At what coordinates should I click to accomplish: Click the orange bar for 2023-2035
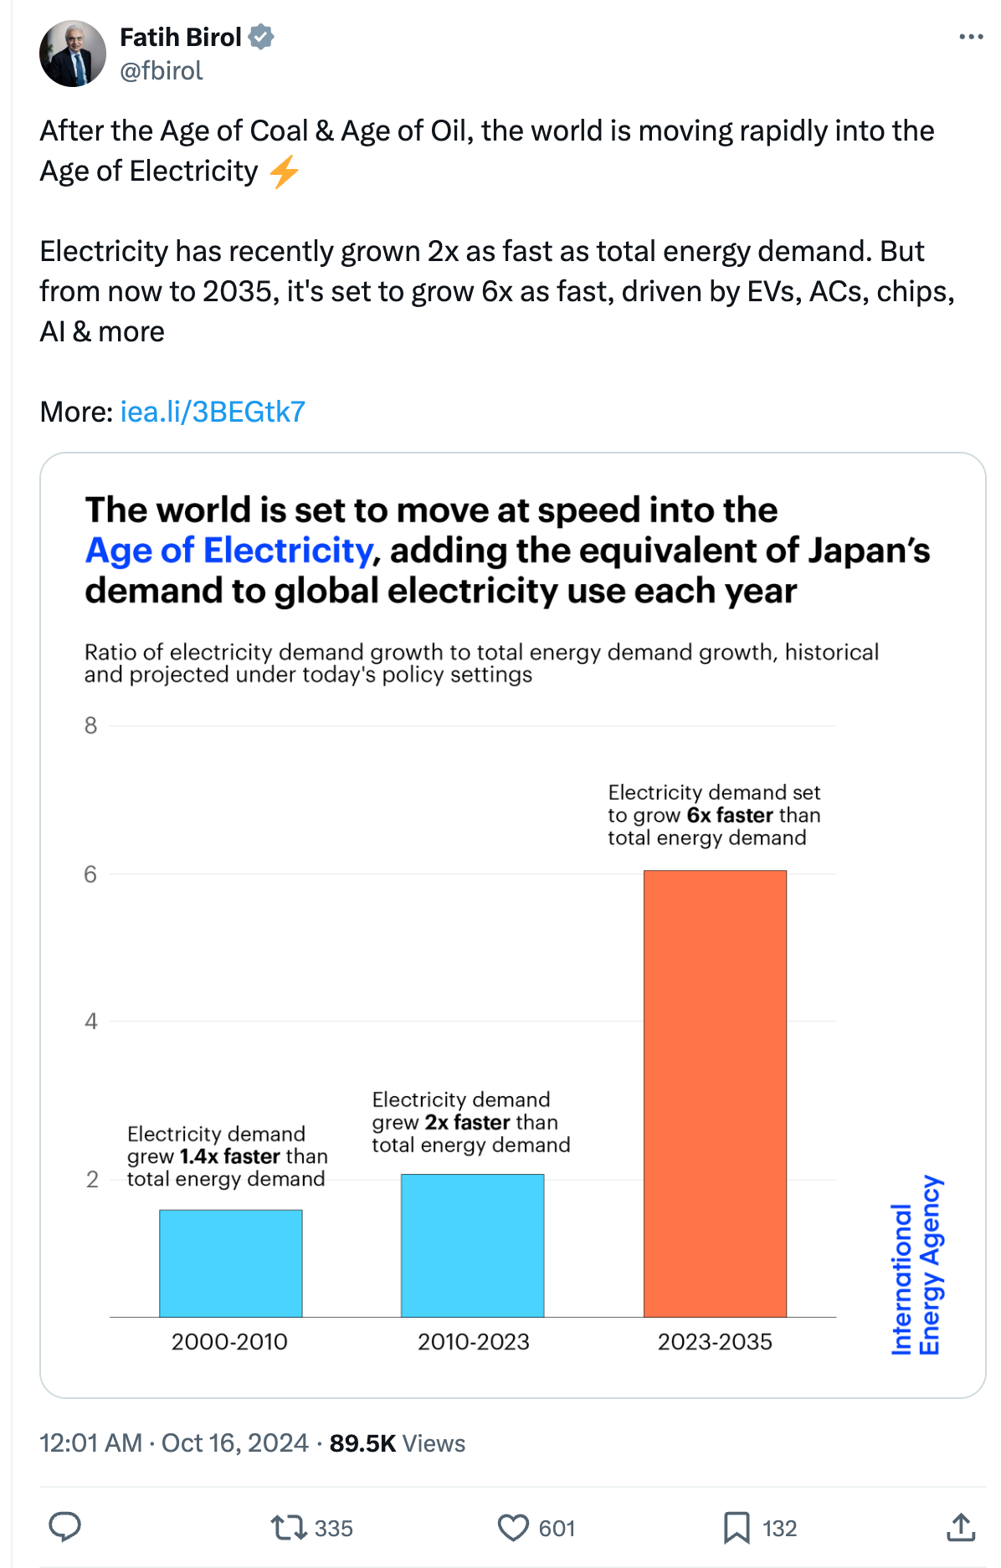click(x=715, y=1093)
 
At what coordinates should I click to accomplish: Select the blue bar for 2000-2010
click(x=230, y=1263)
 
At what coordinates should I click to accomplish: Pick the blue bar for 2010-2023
click(x=472, y=1245)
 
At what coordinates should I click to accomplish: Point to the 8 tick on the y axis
click(x=90, y=725)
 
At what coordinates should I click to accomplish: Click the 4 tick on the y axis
click(x=90, y=1021)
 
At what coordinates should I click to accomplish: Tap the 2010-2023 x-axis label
click(x=473, y=1341)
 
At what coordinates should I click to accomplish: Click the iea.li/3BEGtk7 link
click(x=213, y=412)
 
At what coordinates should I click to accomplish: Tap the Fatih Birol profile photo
click(x=73, y=54)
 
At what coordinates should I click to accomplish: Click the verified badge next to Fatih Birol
click(x=261, y=37)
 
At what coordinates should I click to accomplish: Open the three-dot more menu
click(x=970, y=37)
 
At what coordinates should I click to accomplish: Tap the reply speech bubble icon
click(x=64, y=1527)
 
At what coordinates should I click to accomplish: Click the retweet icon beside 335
click(x=288, y=1528)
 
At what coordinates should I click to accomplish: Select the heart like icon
click(x=513, y=1528)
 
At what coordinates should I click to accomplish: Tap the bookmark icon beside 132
click(x=737, y=1528)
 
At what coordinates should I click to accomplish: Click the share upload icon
click(x=961, y=1528)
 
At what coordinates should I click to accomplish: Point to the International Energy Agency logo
click(x=916, y=1264)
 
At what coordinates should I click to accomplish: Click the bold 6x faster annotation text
click(x=730, y=815)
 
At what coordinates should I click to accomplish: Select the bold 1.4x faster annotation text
click(x=229, y=1156)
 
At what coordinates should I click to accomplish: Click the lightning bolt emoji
click(x=285, y=172)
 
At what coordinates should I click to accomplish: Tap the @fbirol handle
click(x=162, y=70)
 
